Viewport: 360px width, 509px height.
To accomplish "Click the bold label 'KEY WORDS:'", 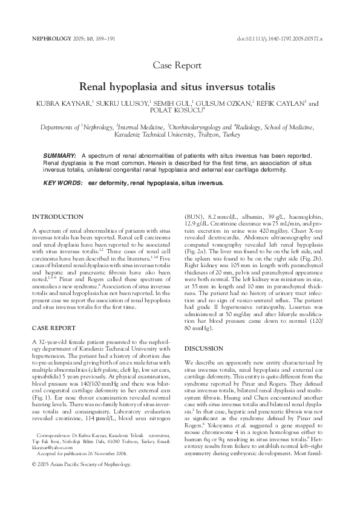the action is click(x=63, y=181).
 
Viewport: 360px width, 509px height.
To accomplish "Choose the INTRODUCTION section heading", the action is click(x=57, y=216).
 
